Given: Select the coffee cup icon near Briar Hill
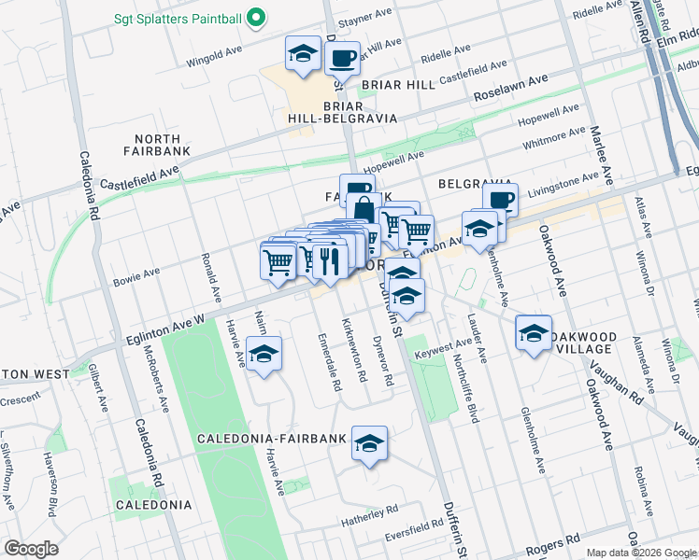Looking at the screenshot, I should pos(342,58).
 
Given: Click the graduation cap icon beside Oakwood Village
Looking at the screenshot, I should pos(533,333).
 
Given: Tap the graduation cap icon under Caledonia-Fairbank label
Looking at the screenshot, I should pos(369,441).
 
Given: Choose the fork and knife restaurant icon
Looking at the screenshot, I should pos(328,260).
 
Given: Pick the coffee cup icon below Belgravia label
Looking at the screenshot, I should pos(501,200).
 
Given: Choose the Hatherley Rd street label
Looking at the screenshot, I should pos(369,511).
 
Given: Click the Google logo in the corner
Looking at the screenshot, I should pos(31,549).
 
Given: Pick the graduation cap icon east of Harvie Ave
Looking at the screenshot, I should pos(264,355).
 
